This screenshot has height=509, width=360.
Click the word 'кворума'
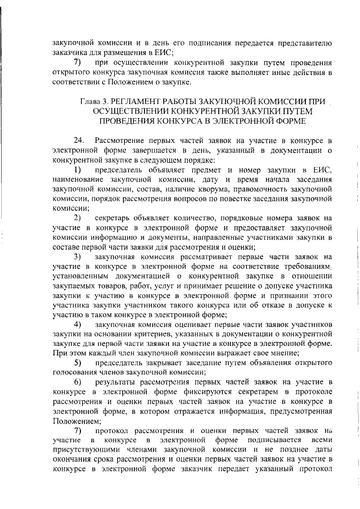pyautogui.click(x=200, y=190)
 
